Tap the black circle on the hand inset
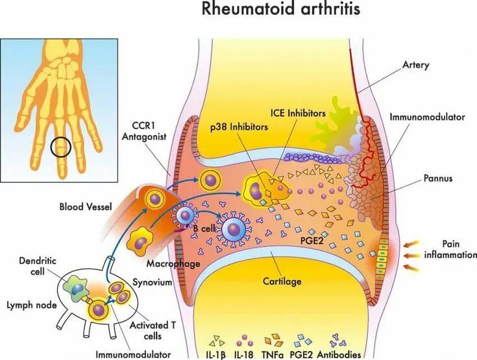pos(60,147)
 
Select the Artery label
pos(416,66)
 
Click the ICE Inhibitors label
pos(299,113)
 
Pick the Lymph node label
pos(27,304)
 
